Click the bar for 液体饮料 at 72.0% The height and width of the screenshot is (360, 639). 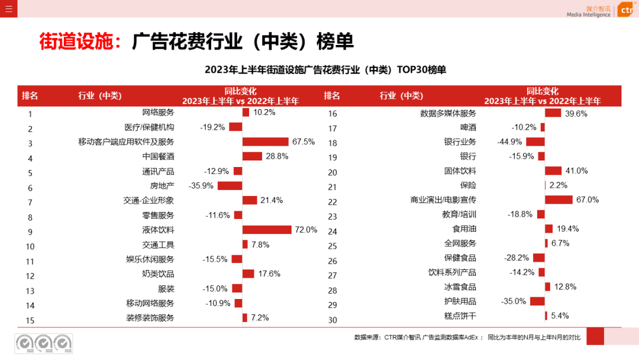click(x=267, y=230)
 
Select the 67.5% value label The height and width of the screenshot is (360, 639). click(x=304, y=142)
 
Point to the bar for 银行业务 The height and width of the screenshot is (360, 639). click(x=535, y=142)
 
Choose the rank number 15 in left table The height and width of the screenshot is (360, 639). click(x=30, y=320)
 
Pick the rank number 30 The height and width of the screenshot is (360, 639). click(x=333, y=320)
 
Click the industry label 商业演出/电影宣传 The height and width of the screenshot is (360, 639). click(x=443, y=200)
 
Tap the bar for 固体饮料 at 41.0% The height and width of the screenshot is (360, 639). click(x=553, y=171)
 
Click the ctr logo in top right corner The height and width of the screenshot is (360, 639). click(x=625, y=11)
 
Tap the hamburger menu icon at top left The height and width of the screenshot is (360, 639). click(x=8, y=8)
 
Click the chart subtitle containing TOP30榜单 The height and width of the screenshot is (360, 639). click(x=325, y=70)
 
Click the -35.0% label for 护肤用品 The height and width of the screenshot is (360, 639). click(x=514, y=301)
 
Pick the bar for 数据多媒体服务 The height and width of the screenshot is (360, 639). click(x=553, y=113)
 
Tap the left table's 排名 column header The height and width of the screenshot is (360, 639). click(x=30, y=96)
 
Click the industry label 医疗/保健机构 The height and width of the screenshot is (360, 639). click(x=149, y=127)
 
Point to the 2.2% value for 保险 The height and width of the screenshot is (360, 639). click(x=559, y=186)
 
